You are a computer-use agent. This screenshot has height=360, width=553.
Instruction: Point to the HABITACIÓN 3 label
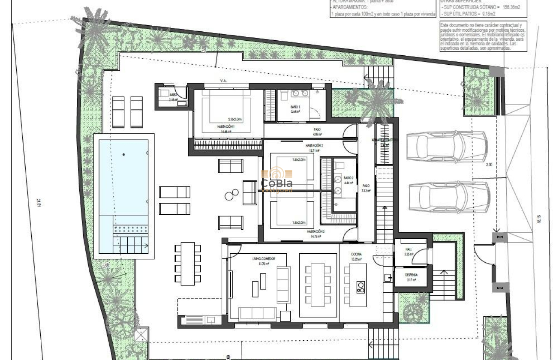click(x=315, y=231)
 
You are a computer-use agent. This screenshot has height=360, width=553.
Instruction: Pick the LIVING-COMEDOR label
click(x=263, y=259)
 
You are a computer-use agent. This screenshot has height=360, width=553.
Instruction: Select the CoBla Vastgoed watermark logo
click(x=276, y=180)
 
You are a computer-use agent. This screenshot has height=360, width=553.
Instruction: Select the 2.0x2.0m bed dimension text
click(x=235, y=119)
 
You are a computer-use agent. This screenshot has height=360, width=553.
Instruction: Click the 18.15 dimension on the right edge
click(x=539, y=219)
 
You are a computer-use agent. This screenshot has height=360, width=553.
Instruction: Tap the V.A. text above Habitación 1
click(x=223, y=80)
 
